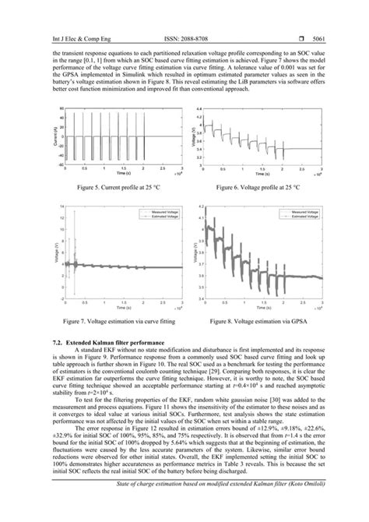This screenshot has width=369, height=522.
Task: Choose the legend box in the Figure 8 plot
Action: pyautogui.click(x=303, y=214)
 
